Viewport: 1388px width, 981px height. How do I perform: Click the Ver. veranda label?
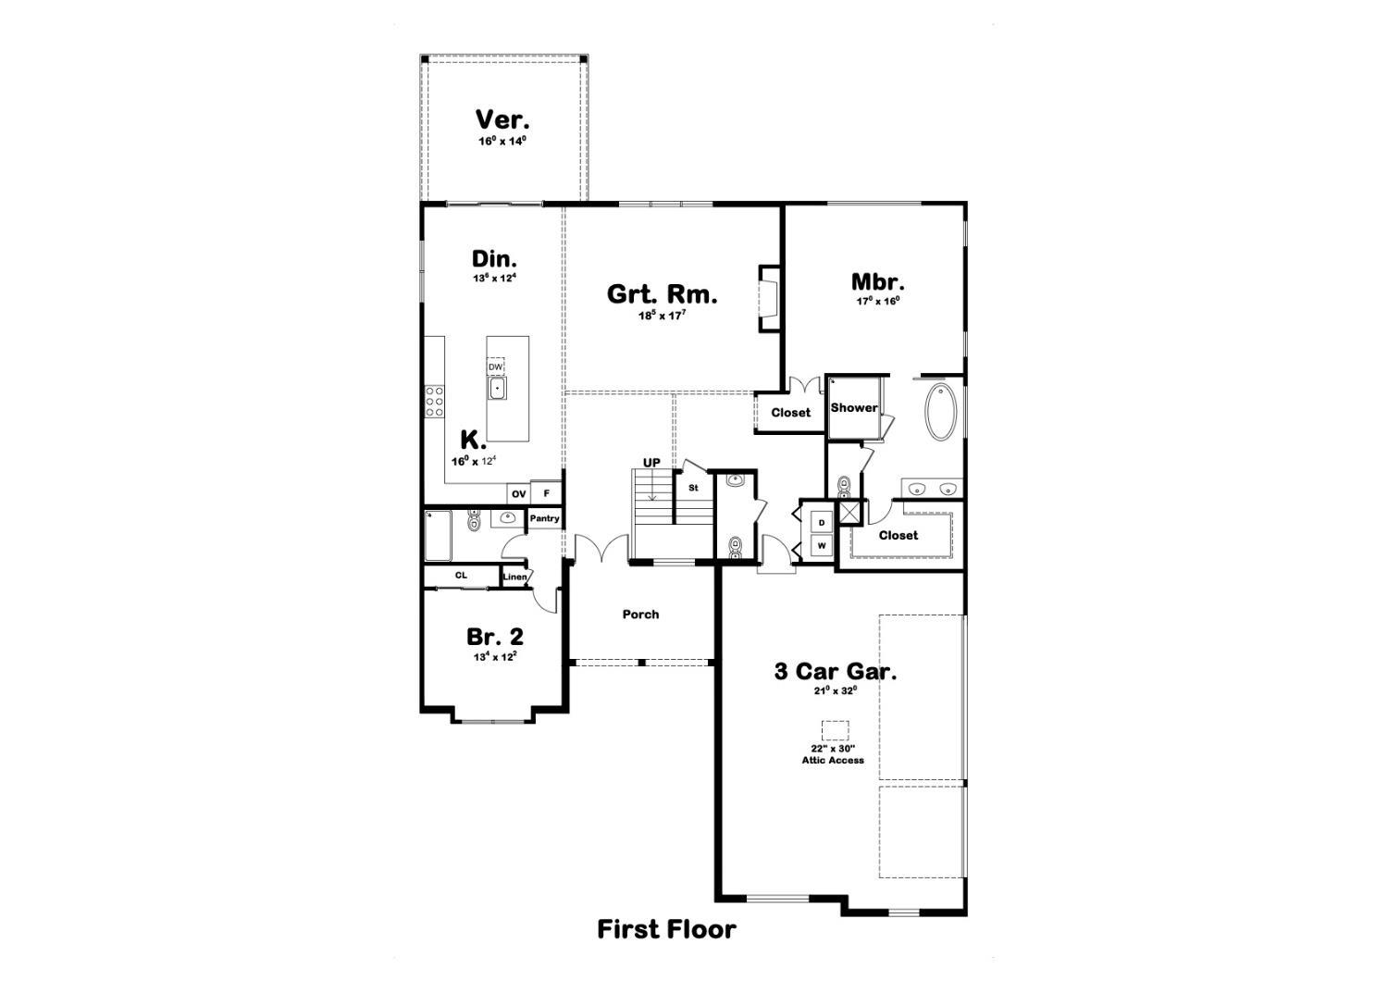pyautogui.click(x=502, y=120)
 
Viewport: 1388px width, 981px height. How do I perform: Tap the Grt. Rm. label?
pyautogui.click(x=662, y=294)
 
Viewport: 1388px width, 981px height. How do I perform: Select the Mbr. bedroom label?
pyautogui.click(x=877, y=282)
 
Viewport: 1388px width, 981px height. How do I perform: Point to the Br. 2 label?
pyautogui.click(x=494, y=637)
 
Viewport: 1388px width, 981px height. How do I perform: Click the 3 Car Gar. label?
pyautogui.click(x=835, y=671)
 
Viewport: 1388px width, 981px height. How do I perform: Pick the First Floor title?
pyautogui.click(x=666, y=928)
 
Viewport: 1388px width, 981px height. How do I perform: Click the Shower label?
pyautogui.click(x=853, y=408)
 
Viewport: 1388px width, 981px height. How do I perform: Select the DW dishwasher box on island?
pyautogui.click(x=496, y=366)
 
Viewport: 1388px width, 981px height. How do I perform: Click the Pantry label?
pyautogui.click(x=544, y=518)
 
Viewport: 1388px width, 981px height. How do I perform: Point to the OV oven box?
pyautogui.click(x=518, y=494)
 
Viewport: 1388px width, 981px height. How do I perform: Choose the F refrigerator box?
pyautogui.click(x=547, y=494)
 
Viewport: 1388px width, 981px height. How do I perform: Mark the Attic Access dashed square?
pyautogui.click(x=835, y=730)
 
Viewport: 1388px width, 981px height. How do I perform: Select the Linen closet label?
pyautogui.click(x=514, y=577)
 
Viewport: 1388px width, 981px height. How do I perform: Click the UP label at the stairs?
pyautogui.click(x=651, y=463)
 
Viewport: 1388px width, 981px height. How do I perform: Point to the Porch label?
pyautogui.click(x=640, y=615)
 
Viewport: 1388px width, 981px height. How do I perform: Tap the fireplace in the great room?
pyautogui.click(x=768, y=299)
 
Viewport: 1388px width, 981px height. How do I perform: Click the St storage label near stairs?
pyautogui.click(x=692, y=488)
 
